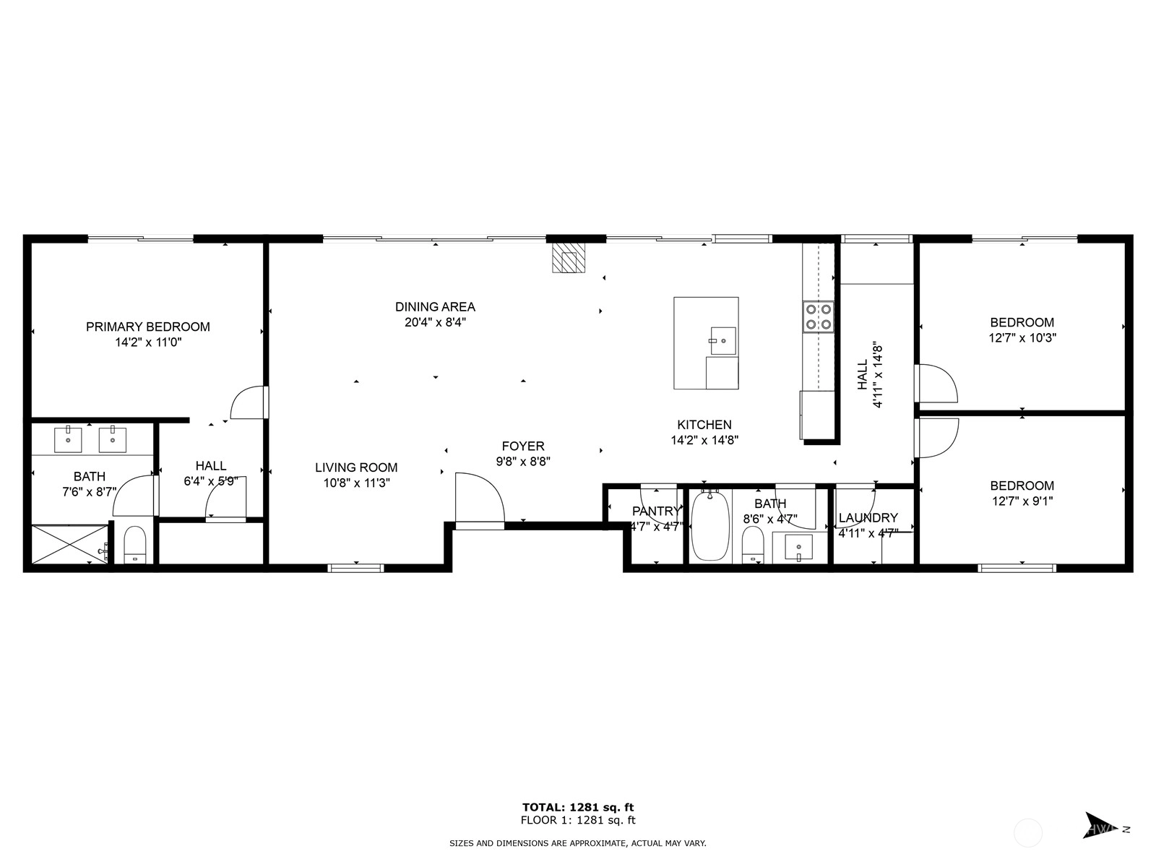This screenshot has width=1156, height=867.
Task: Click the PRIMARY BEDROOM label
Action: (148, 327)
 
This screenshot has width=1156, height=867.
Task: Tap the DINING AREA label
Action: (435, 307)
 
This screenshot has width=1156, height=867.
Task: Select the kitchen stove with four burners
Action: (818, 317)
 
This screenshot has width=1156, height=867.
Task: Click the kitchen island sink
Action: (723, 340)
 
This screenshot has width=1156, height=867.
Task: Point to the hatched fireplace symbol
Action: (569, 258)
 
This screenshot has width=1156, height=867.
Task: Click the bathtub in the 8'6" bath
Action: (710, 526)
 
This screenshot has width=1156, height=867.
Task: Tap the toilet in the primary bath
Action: (135, 545)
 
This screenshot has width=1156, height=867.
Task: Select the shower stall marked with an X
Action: (70, 544)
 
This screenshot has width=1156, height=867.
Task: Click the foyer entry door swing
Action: (480, 501)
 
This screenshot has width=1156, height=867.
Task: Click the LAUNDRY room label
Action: (868, 518)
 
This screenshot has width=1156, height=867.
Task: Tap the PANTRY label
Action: (656, 511)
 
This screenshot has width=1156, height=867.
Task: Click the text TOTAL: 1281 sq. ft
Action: (578, 807)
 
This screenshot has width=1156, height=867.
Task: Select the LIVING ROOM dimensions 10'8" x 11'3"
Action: (356, 483)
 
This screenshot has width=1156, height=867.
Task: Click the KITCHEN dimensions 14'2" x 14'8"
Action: (704, 440)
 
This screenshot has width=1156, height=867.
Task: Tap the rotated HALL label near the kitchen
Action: (862, 375)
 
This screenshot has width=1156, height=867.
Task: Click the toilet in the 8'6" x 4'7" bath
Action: (753, 545)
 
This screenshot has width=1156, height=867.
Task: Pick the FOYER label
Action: (523, 447)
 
